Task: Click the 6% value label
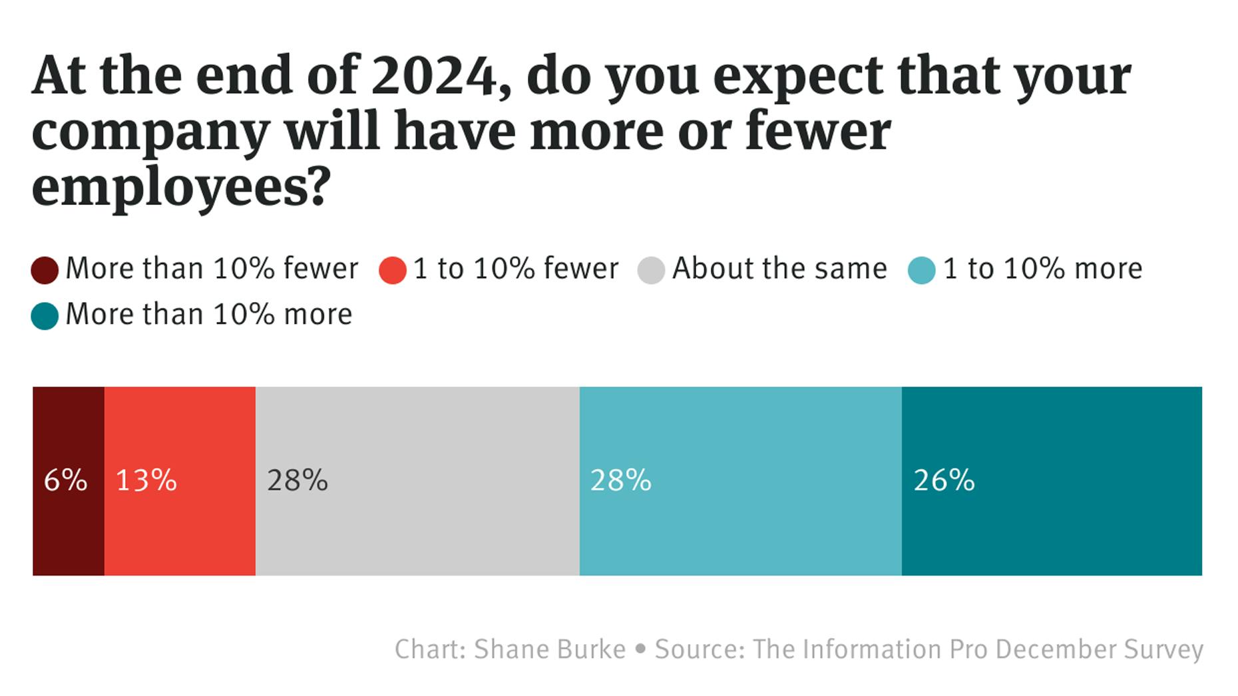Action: point(65,480)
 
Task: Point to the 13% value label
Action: point(146,480)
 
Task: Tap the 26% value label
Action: point(944,480)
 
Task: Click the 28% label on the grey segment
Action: point(298,480)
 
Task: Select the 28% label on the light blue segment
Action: point(620,480)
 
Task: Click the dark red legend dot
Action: point(45,270)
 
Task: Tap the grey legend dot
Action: point(651,270)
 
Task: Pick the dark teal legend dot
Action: point(45,316)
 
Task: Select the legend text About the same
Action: point(779,269)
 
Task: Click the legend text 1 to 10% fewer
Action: point(516,269)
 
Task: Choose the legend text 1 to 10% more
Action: point(1042,269)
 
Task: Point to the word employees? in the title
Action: point(181,188)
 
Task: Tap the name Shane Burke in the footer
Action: point(549,649)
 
